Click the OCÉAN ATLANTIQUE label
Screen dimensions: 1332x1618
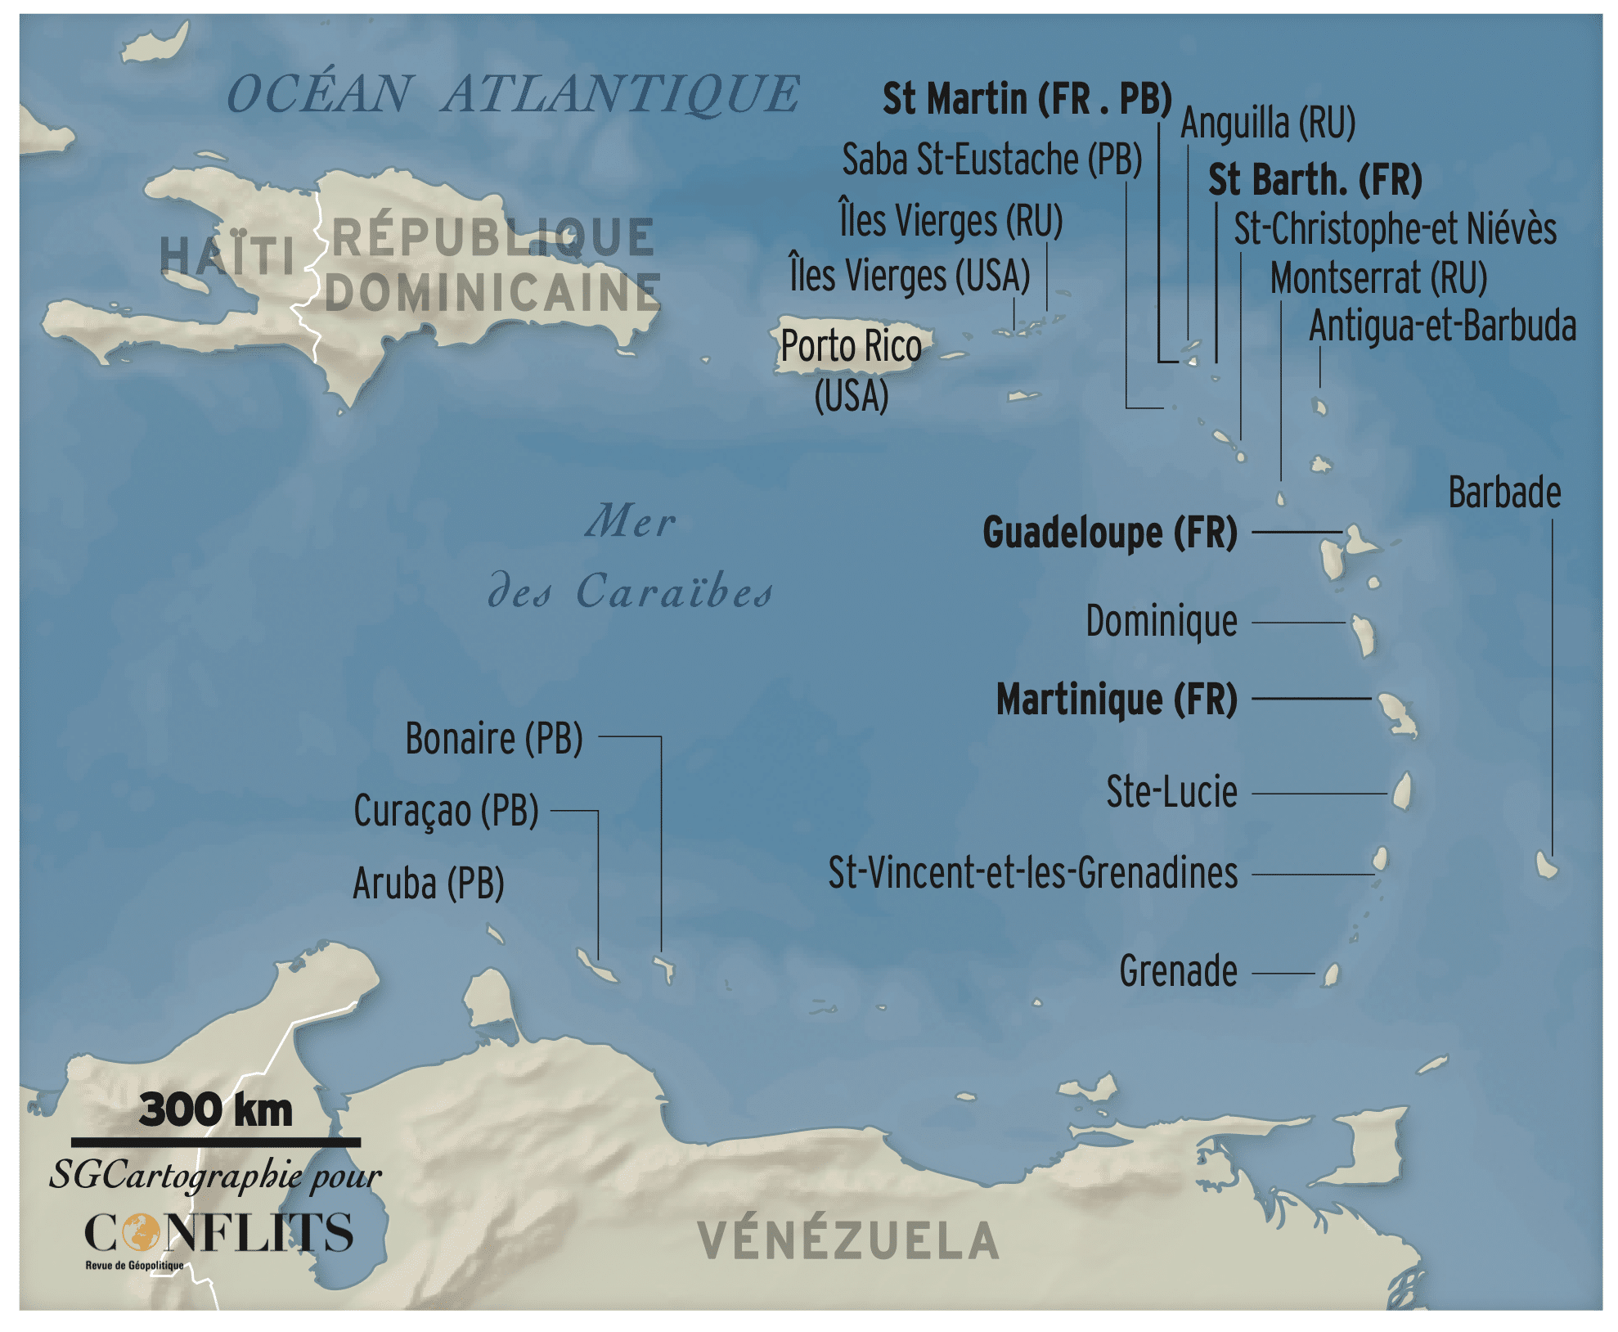(512, 93)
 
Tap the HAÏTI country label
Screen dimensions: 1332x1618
(227, 256)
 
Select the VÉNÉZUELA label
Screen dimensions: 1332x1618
(847, 1240)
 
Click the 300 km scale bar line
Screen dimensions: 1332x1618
(215, 1141)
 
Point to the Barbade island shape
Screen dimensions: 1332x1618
(1545, 864)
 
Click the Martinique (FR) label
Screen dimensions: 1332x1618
(1116, 700)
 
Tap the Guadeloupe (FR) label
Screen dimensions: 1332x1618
(1109, 533)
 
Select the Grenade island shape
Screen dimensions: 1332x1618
(1331, 974)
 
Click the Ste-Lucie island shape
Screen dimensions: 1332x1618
(1402, 791)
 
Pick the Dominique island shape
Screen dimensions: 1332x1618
(1363, 636)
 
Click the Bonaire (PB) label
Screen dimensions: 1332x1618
(494, 739)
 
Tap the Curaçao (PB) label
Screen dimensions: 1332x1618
(446, 811)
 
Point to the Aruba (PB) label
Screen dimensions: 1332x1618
(428, 884)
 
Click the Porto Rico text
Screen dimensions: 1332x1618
(851, 346)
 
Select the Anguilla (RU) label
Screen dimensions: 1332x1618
(1267, 124)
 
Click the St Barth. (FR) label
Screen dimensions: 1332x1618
(1315, 179)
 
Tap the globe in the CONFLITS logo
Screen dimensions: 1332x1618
(142, 1232)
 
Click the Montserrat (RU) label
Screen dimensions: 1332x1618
(1378, 278)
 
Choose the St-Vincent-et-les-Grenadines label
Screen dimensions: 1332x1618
(1032, 873)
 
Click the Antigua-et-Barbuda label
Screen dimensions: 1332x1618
(1442, 326)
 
